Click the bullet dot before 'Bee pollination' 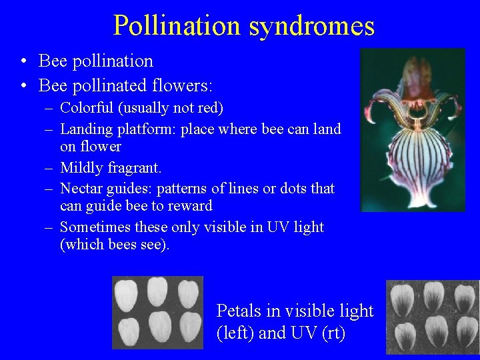[23, 62]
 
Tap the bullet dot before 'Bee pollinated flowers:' [23, 86]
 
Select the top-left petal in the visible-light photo [126, 293]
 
